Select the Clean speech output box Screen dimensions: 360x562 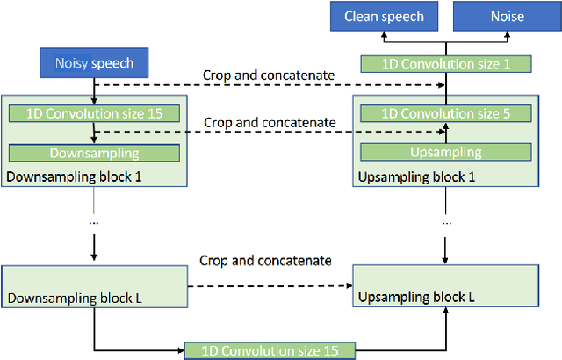click(x=384, y=16)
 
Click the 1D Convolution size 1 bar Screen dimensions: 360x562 click(x=445, y=63)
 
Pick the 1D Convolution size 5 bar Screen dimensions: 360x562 click(x=445, y=113)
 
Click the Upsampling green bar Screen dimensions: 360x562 click(x=445, y=152)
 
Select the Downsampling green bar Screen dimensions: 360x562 click(x=94, y=152)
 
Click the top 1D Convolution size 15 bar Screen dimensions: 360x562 click(x=94, y=113)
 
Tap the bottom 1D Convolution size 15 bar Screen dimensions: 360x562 click(x=270, y=350)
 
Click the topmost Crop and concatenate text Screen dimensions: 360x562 click(x=268, y=75)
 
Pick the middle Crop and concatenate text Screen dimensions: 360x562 click(x=268, y=120)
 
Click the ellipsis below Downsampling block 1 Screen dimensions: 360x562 click(x=94, y=222)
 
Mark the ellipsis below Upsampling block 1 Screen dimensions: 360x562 click(x=445, y=222)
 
